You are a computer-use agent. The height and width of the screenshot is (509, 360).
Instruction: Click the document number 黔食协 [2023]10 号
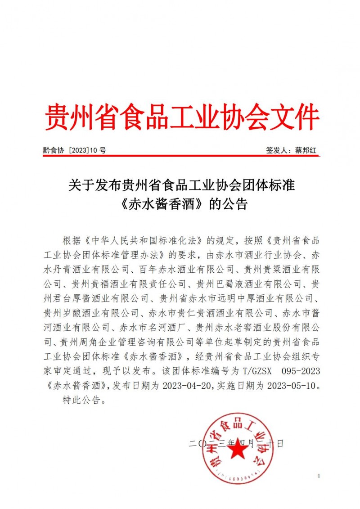(x=74, y=151)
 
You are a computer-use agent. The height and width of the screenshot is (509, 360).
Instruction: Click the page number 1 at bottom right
(x=318, y=476)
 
